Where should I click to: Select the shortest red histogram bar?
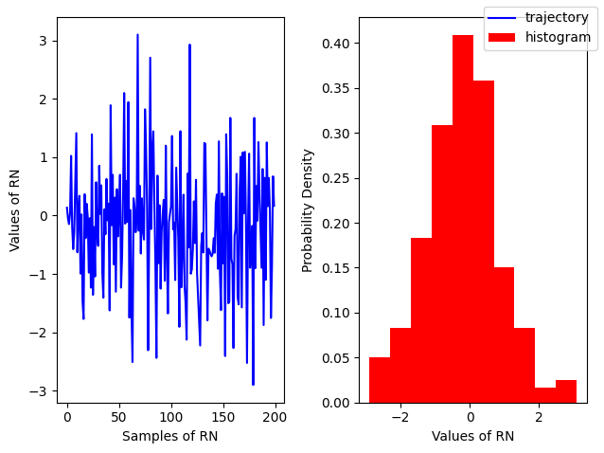[x=545, y=395]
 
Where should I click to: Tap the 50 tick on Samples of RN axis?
[x=118, y=416]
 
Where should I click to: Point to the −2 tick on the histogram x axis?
[x=400, y=416]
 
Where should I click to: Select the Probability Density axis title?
[x=308, y=209]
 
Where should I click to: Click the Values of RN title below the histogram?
[x=472, y=436]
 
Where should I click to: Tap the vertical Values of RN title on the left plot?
[x=15, y=209]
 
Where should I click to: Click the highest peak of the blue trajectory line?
[x=137, y=35]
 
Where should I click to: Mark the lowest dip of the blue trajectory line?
[x=253, y=384]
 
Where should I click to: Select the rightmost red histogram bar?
[x=566, y=391]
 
